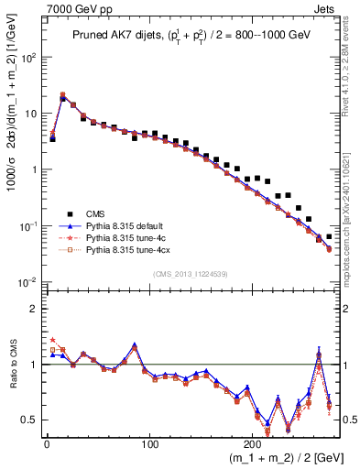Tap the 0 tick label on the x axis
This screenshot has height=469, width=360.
[x=47, y=442]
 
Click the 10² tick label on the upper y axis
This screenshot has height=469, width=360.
[x=27, y=57]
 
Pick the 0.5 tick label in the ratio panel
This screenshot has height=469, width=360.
[x=27, y=420]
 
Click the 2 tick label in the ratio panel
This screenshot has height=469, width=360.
[x=31, y=309]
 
